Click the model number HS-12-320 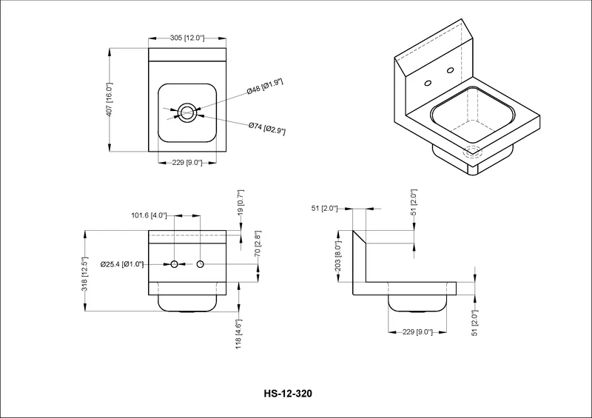pyautogui.click(x=288, y=394)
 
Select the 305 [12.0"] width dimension pyautogui.click(x=187, y=38)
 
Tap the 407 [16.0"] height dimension pyautogui.click(x=109, y=100)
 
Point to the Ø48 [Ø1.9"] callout pyautogui.click(x=265, y=87)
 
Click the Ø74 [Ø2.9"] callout pyautogui.click(x=267, y=129)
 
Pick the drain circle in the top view pyautogui.click(x=187, y=112)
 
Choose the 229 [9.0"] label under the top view pyautogui.click(x=187, y=163)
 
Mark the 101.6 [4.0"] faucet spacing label pyautogui.click(x=149, y=215)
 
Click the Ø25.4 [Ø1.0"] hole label pyautogui.click(x=122, y=264)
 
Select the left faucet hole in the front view pyautogui.click(x=175, y=264)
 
